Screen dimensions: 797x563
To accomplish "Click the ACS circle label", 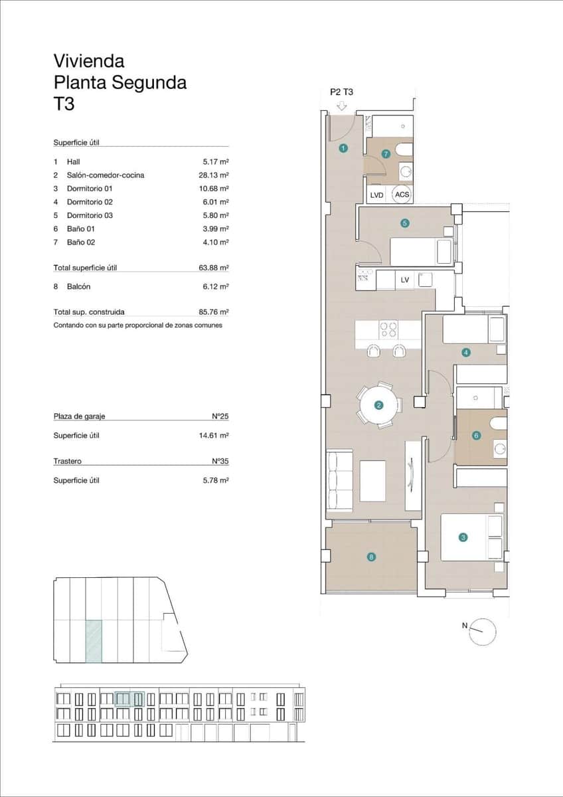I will [x=402, y=195].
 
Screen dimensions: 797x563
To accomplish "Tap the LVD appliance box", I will [x=376, y=195].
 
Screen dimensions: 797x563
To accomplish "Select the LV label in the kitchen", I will [x=405, y=280].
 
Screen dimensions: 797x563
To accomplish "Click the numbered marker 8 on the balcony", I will [x=371, y=557].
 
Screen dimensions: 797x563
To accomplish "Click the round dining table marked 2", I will [x=379, y=404].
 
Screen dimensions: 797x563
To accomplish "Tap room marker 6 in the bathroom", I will [x=475, y=436].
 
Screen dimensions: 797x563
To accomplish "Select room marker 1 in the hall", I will [x=343, y=148].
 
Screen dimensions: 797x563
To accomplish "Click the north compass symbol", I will [x=483, y=631].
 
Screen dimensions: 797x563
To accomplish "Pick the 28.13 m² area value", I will [x=214, y=175].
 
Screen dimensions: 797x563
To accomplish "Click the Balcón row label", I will [x=78, y=287].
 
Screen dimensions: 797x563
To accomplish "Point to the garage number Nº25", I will [x=220, y=416].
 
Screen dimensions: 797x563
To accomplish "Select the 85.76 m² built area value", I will [x=214, y=311].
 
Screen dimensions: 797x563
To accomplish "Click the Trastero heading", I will [x=68, y=461].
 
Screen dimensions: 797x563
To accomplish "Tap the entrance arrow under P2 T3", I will [x=342, y=106].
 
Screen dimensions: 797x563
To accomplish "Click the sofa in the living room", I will [x=339, y=481].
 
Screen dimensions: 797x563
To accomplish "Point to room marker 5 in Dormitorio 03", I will [x=404, y=223].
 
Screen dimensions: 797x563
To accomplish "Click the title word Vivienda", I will [x=89, y=61].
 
